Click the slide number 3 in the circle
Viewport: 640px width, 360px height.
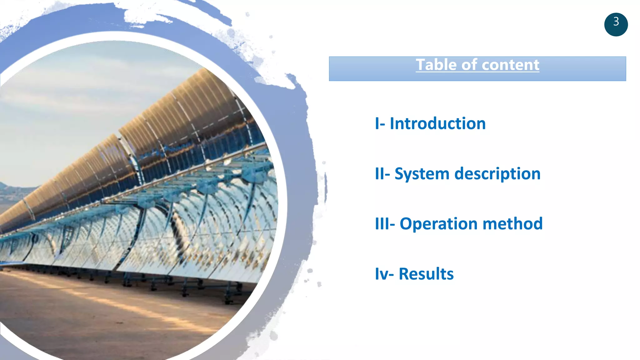tap(616, 22)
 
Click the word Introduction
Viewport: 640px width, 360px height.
tap(437, 123)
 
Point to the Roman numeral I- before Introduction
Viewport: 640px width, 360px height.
tap(380, 123)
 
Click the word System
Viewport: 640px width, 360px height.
tap(422, 174)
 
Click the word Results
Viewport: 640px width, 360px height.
tap(426, 274)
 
